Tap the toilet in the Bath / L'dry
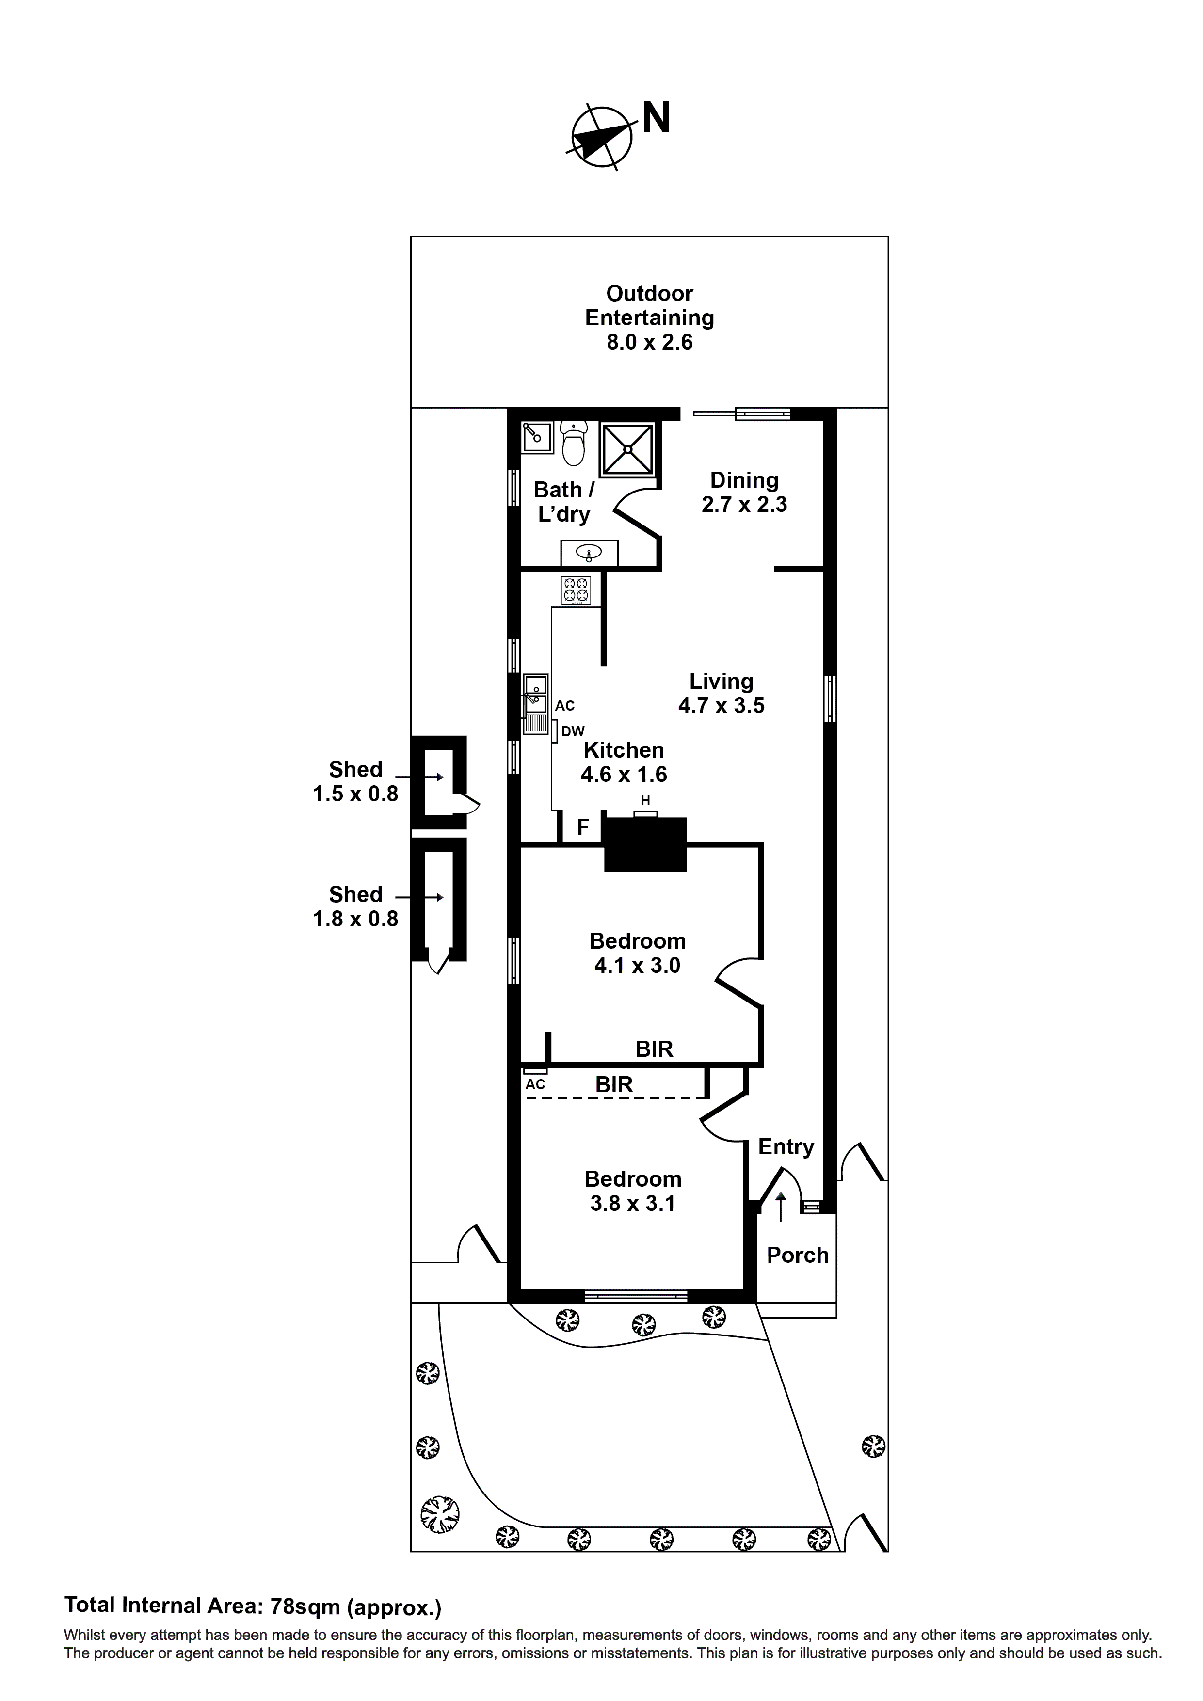point(573,443)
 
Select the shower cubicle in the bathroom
point(627,448)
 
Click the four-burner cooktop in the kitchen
point(576,590)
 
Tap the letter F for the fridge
point(583,827)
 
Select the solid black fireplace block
point(645,844)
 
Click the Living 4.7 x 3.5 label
point(721,693)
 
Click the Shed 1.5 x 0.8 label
point(356,781)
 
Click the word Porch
point(798,1255)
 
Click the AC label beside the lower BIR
point(535,1084)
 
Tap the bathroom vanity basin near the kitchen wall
point(589,552)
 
